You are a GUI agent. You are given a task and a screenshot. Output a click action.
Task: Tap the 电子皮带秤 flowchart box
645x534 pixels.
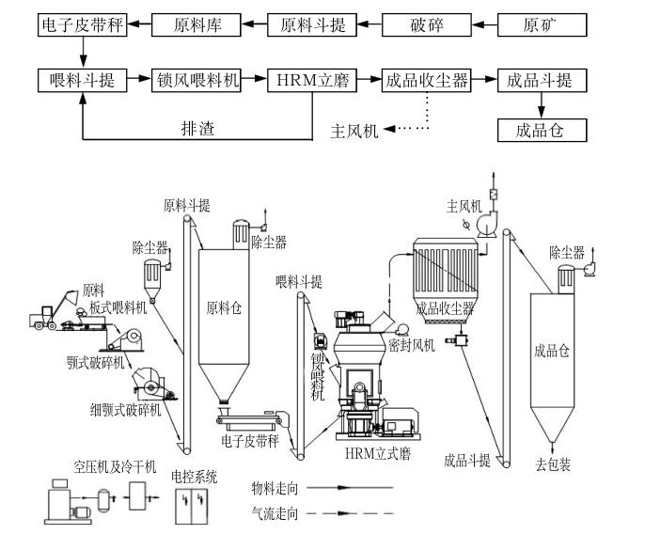[x=83, y=24]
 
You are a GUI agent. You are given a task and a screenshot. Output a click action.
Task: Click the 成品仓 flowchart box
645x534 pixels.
[x=542, y=130]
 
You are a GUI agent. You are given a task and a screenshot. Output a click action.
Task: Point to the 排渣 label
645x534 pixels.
[x=197, y=128]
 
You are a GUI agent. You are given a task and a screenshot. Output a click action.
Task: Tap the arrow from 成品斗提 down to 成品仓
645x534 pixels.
[x=542, y=104]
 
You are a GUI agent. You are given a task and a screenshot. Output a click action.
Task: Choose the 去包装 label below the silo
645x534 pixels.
[x=553, y=464]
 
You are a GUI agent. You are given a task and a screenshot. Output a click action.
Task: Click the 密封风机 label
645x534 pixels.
[x=417, y=346]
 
